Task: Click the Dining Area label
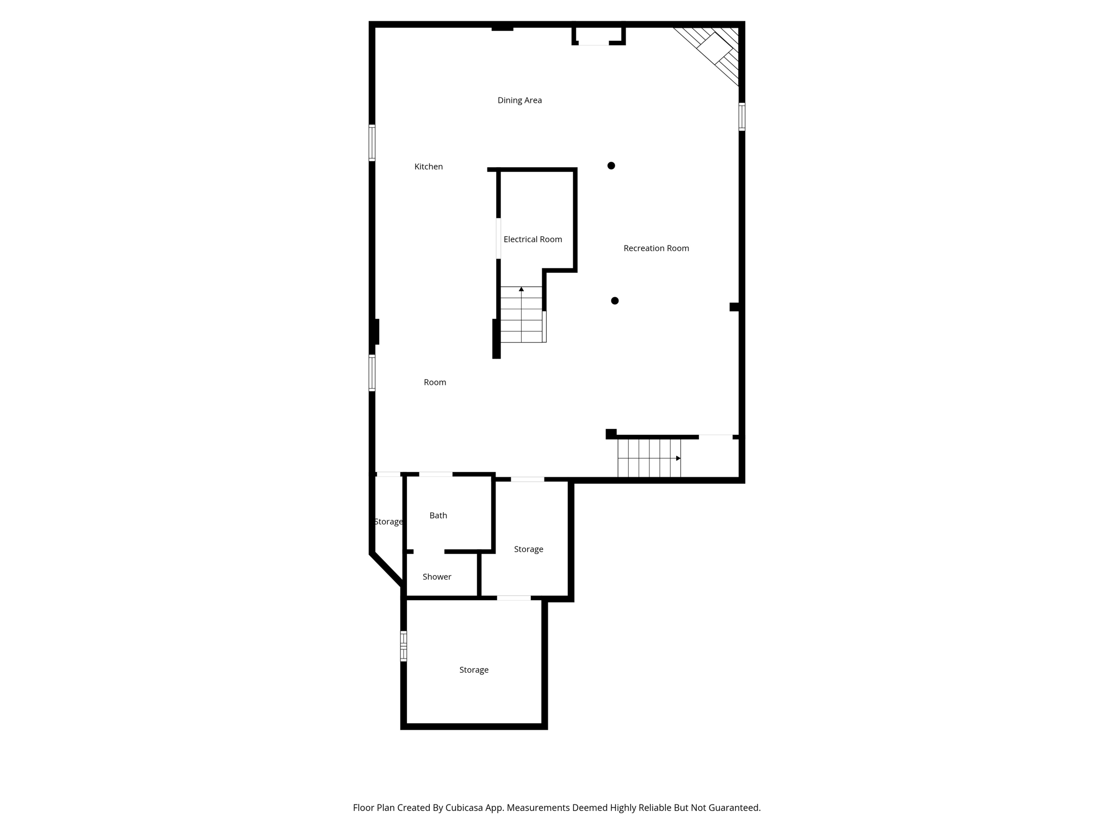519,100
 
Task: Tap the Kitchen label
429,167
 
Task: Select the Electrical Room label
533,239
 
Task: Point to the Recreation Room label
656,248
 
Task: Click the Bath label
438,515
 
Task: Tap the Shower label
437,577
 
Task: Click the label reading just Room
435,383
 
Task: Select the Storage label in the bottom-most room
474,670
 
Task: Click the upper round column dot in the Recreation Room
611,165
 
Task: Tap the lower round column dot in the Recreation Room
615,300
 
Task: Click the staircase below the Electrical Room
522,315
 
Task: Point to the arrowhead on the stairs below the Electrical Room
521,289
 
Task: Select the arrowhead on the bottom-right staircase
678,458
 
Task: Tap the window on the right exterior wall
742,116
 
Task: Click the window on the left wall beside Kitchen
372,143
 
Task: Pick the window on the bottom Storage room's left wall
404,646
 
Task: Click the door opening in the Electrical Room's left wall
498,238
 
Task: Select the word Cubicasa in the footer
465,808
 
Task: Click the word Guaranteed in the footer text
733,808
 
